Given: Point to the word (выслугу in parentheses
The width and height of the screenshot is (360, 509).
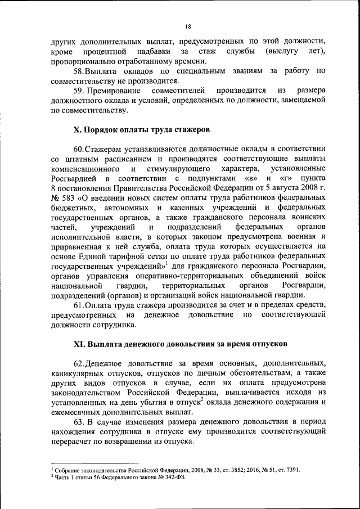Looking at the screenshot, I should pos(280,52).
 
